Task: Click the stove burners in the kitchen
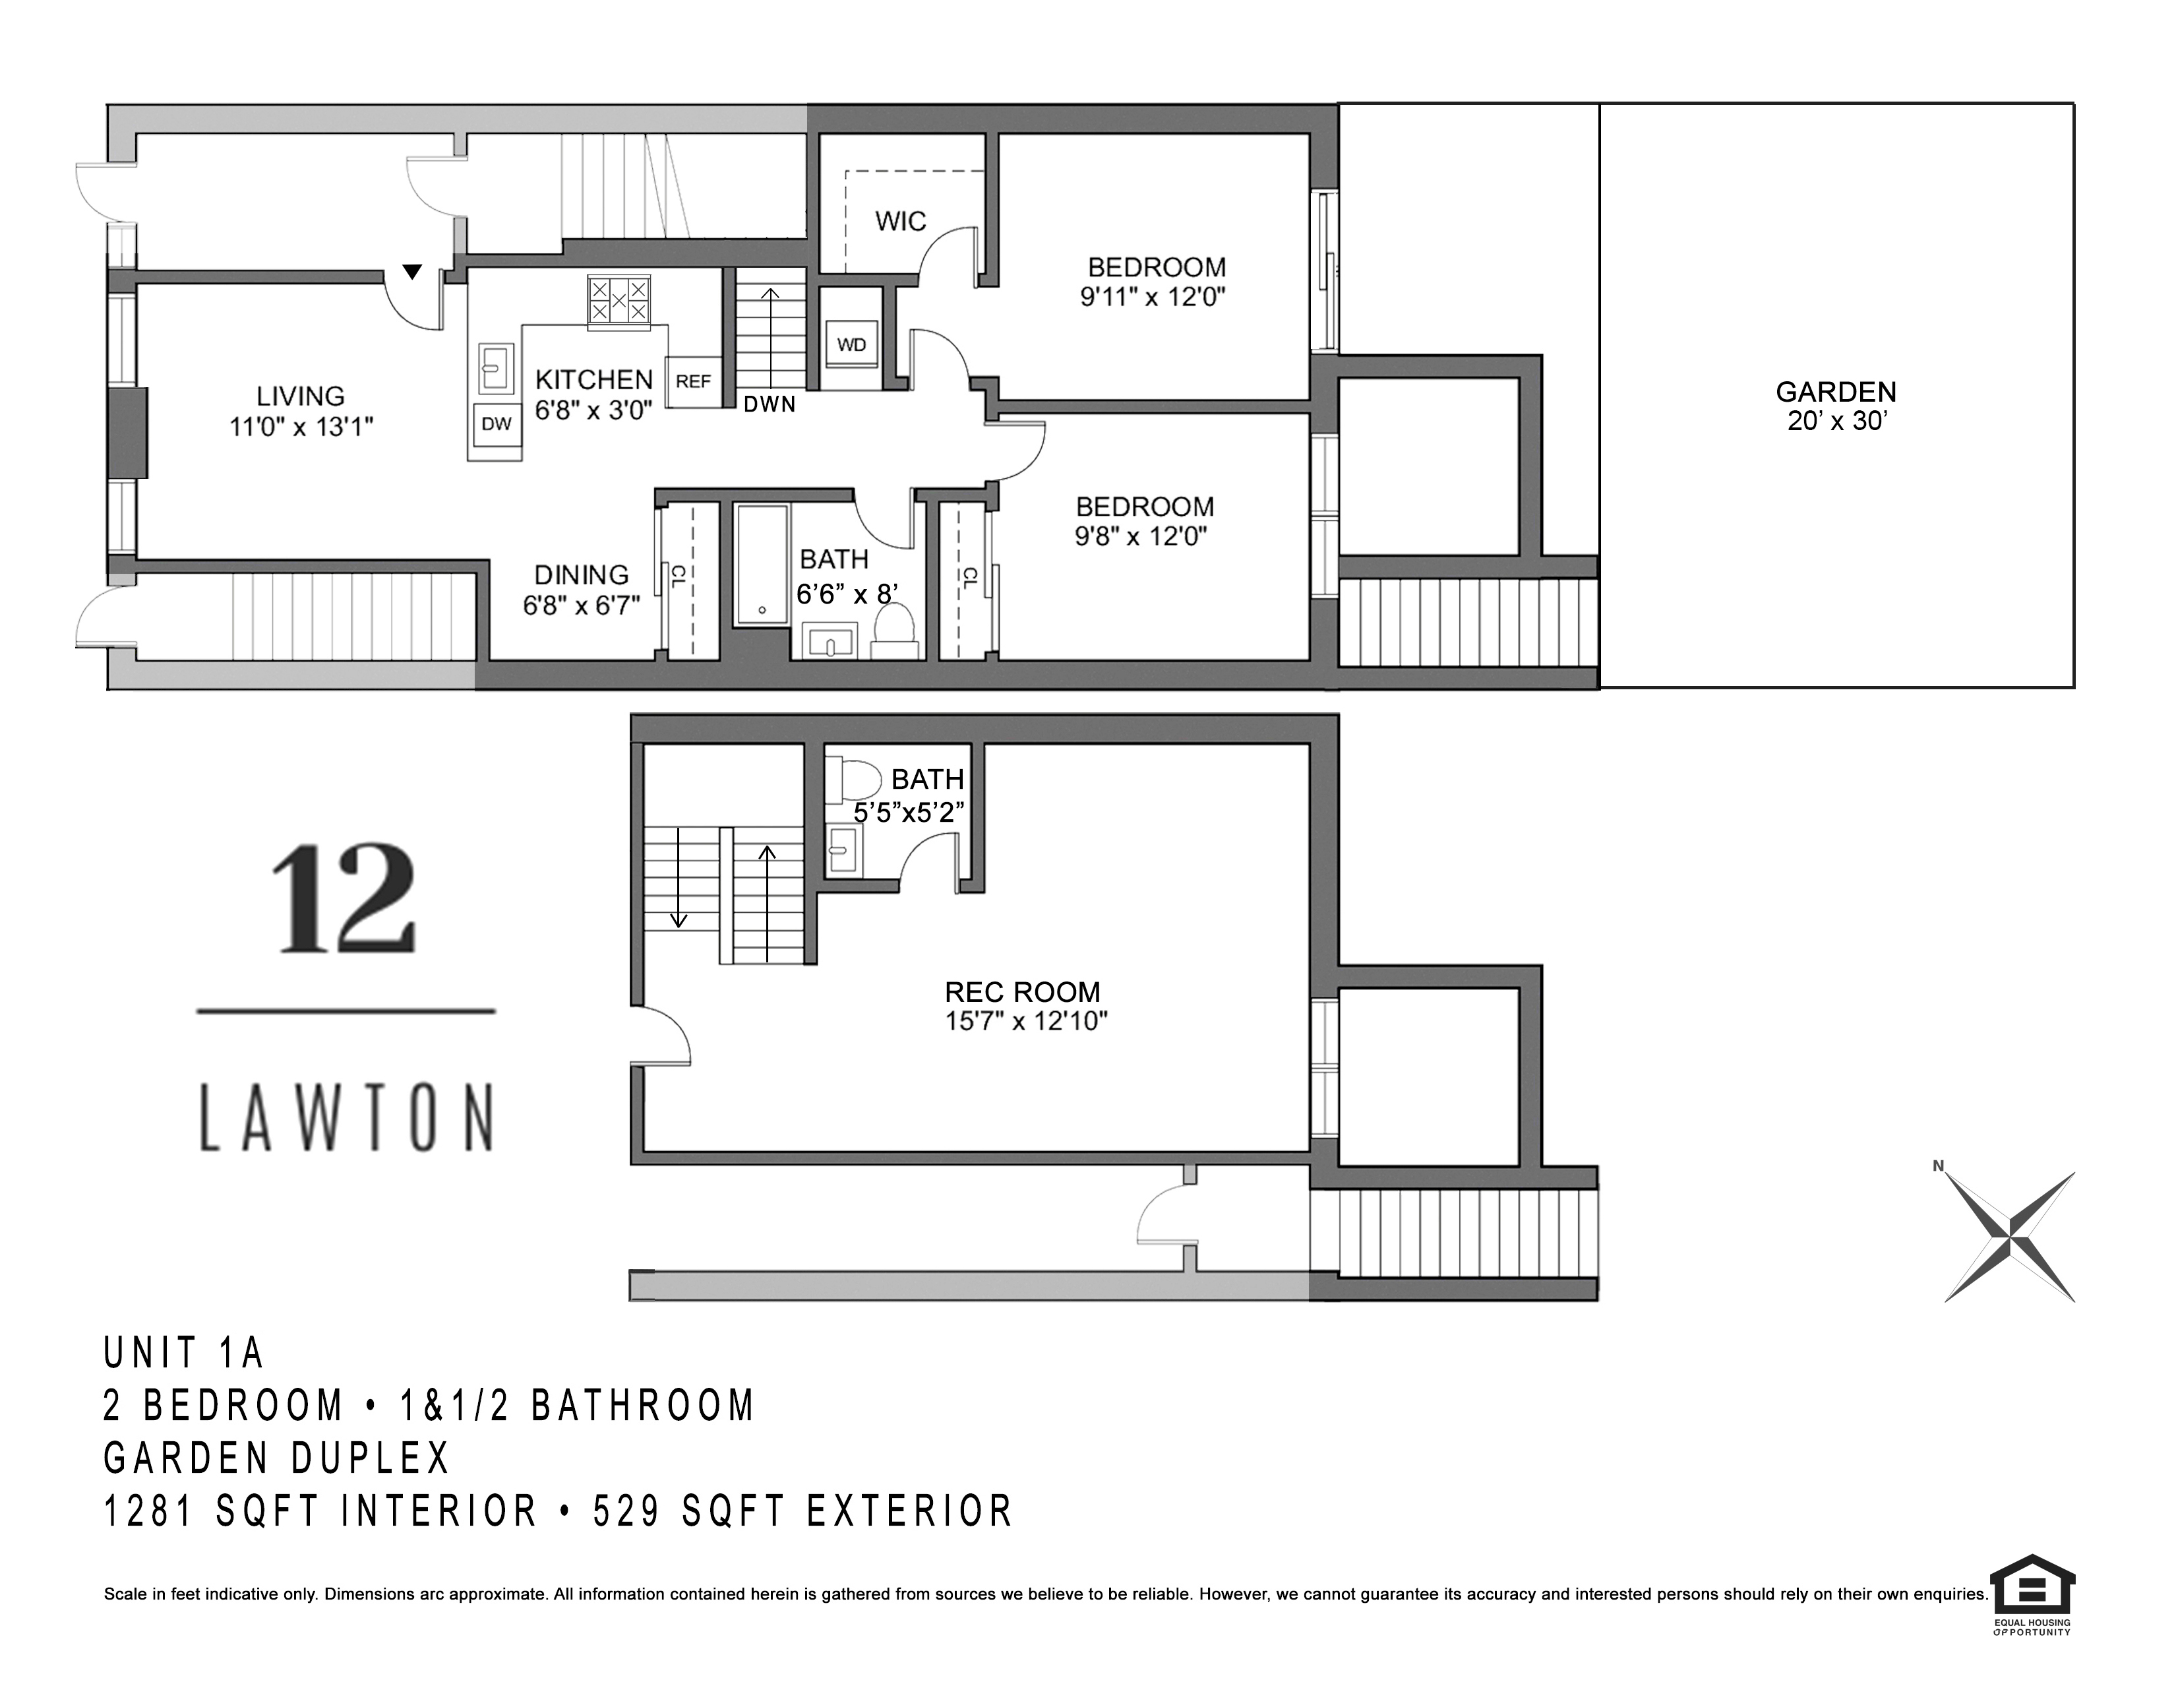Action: [x=619, y=299]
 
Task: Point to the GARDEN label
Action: [x=1835, y=392]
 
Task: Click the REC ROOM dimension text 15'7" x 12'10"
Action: [x=1026, y=1021]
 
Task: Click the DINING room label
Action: [x=581, y=575]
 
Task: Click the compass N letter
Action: [x=1938, y=1166]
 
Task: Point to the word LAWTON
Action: [x=347, y=1118]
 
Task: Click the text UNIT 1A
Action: [x=185, y=1353]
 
